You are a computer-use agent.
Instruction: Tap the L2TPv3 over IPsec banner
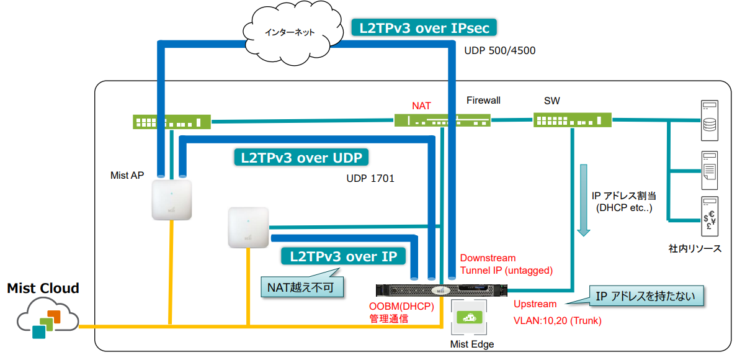[424, 28]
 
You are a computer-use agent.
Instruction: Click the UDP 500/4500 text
[499, 51]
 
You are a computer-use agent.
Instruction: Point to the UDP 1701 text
[370, 178]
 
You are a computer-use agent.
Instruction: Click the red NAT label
[421, 106]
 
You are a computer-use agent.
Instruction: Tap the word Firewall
[483, 100]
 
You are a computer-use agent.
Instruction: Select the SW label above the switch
[551, 101]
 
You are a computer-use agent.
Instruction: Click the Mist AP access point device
[172, 199]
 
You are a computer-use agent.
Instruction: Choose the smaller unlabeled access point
[248, 227]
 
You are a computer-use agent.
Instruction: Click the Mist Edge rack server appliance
[442, 290]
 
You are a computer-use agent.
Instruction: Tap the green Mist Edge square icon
[468, 317]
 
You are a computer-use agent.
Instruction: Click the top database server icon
[709, 121]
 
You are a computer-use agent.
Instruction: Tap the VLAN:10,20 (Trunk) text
[557, 321]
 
